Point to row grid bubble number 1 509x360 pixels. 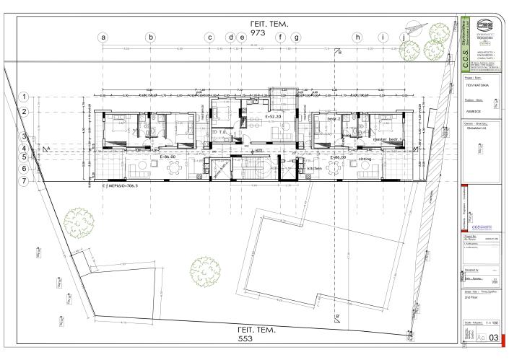pyautogui.click(x=25, y=96)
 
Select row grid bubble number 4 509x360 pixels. pyautogui.click(x=25, y=147)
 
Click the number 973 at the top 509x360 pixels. pyautogui.click(x=258, y=34)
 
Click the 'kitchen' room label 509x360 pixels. pyautogui.click(x=315, y=168)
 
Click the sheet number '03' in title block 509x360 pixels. pyautogui.click(x=494, y=338)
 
